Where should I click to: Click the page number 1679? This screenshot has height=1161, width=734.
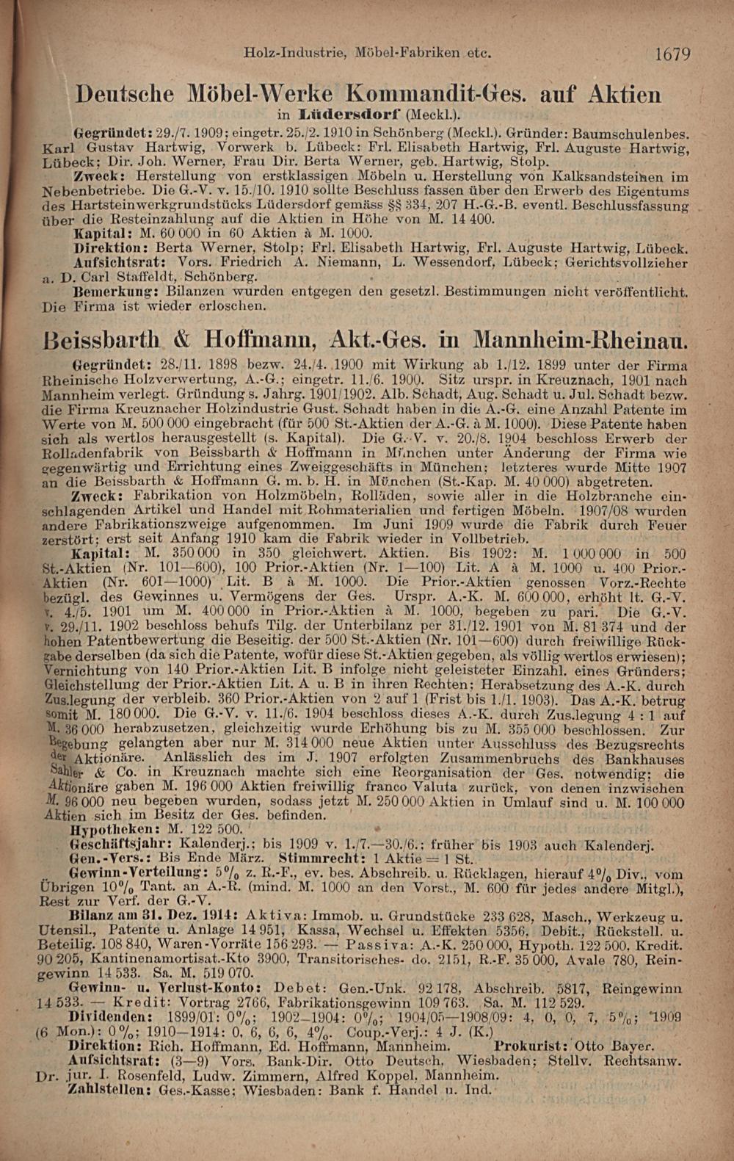pyautogui.click(x=672, y=54)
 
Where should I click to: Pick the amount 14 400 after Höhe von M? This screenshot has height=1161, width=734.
pyautogui.click(x=471, y=219)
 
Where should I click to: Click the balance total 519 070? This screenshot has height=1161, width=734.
pyautogui.click(x=228, y=973)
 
